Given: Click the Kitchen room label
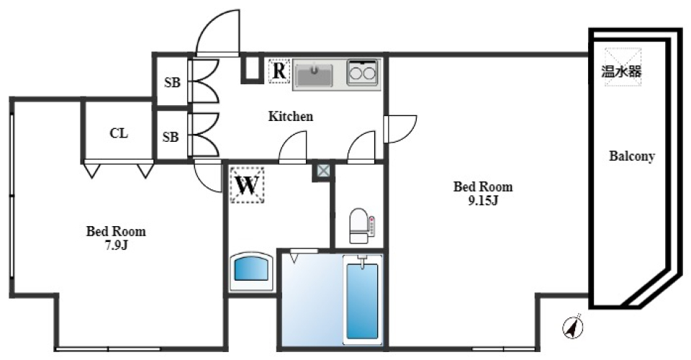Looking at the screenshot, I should [291, 116].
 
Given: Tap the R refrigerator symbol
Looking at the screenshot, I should [279, 71].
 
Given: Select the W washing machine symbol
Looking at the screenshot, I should [248, 185].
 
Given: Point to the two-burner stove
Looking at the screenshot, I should [363, 73].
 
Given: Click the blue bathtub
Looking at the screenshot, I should [361, 301].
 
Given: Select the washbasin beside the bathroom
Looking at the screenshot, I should [251, 271].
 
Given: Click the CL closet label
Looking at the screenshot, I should [119, 133].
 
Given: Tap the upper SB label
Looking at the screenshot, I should [171, 82].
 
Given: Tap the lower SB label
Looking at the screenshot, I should [171, 136].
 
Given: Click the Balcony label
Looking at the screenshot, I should [631, 156].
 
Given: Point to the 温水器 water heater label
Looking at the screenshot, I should [621, 71].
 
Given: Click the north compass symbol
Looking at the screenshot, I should [573, 327].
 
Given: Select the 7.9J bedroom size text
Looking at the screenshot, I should [116, 245].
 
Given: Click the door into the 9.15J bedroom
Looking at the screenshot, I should [400, 128].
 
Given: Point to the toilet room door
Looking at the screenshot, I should [361, 147].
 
